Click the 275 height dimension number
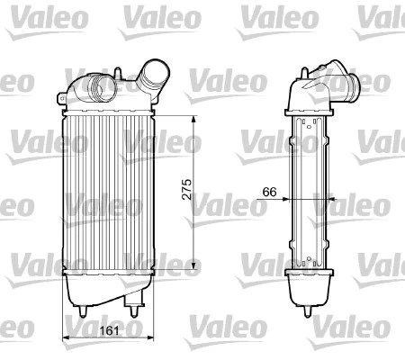pos(186,193)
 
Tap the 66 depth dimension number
pos(268,192)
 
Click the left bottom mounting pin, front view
pos(83,310)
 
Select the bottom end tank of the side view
pos(310,288)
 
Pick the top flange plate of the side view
pos(310,110)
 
